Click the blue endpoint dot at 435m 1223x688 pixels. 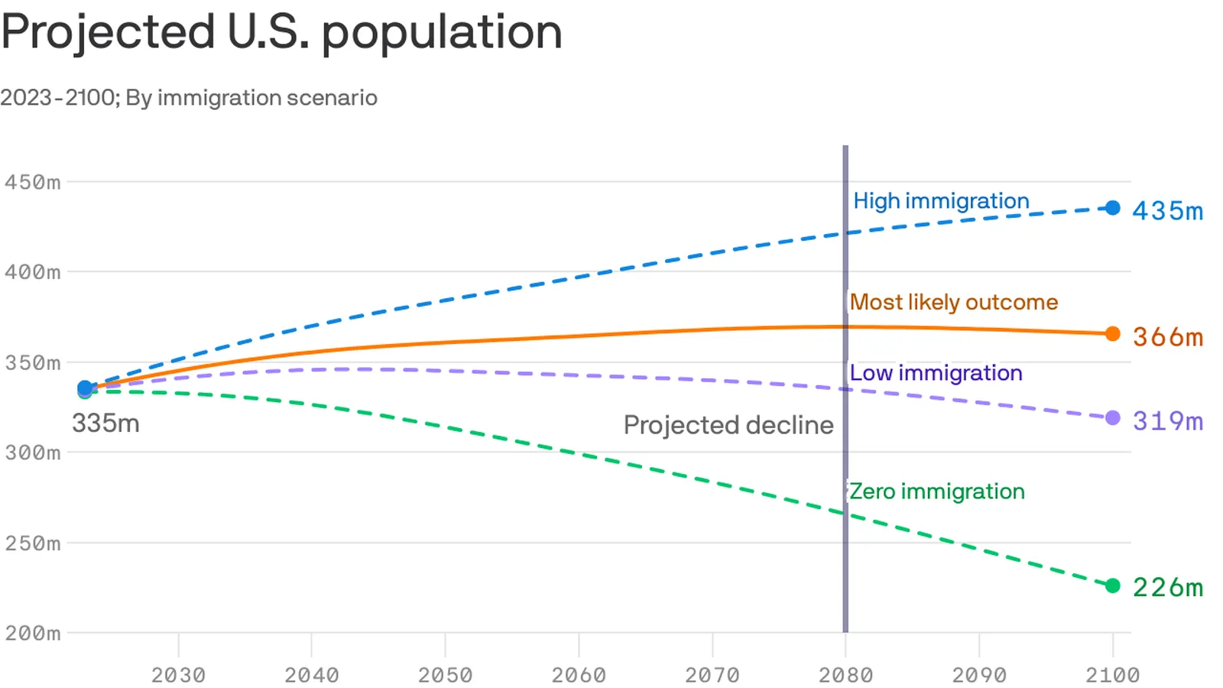point(1113,208)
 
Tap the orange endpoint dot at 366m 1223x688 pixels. point(1113,334)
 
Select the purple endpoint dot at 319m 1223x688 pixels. point(1113,418)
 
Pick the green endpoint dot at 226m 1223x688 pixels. point(1113,586)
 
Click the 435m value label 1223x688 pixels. point(1167,211)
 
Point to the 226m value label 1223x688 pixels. point(1167,587)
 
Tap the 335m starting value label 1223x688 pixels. point(105,424)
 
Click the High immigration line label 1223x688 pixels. point(941,201)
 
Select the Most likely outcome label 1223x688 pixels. point(953,302)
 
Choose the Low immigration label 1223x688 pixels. point(936,373)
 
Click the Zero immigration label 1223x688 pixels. point(936,492)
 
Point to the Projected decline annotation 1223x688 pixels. point(728,425)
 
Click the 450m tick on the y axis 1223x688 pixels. point(32,182)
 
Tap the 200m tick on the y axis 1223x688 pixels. point(32,633)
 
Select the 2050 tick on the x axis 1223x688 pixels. point(445,675)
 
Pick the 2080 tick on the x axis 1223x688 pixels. point(845,675)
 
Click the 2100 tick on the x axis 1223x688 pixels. point(1112,675)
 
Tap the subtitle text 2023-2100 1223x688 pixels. point(57,98)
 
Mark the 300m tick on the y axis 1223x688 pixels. point(32,453)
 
